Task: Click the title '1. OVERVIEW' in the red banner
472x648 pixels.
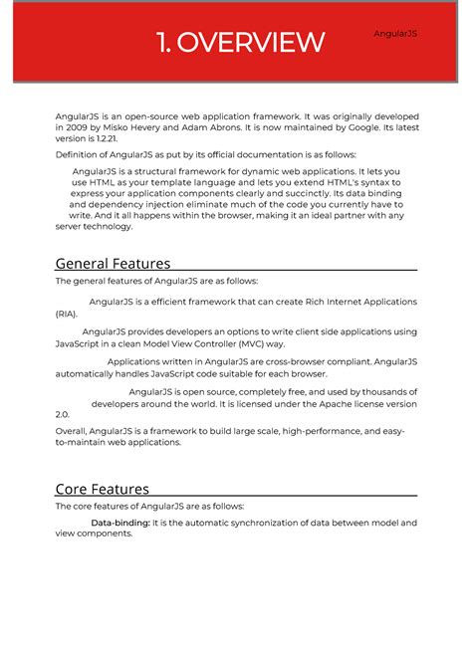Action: click(240, 43)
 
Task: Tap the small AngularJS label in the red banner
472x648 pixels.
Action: click(395, 34)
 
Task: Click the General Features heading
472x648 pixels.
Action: click(113, 264)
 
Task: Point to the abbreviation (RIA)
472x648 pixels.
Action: click(66, 314)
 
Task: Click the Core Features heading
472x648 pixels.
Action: click(102, 489)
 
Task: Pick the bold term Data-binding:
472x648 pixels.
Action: click(120, 523)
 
